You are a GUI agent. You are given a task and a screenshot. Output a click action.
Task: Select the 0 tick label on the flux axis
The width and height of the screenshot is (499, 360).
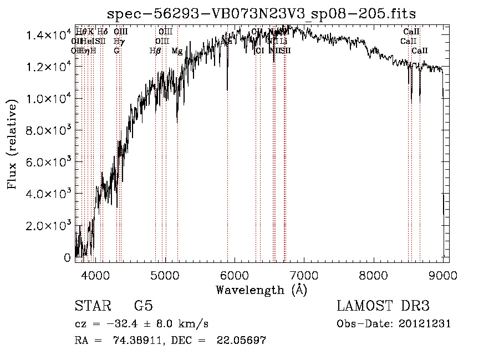click(x=68, y=258)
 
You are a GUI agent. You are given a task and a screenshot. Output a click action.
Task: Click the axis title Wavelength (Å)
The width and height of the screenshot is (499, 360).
click(x=261, y=290)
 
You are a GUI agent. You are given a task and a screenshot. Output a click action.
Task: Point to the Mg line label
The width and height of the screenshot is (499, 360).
click(x=177, y=51)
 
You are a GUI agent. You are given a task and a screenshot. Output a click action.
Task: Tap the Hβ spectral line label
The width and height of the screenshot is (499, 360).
click(x=155, y=51)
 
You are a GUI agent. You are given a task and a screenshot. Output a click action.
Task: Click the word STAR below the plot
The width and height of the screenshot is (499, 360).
click(x=92, y=306)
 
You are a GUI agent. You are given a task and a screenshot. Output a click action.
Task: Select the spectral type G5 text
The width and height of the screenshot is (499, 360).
click(x=143, y=306)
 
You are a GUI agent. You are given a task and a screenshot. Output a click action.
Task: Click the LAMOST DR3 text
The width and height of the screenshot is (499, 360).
click(x=383, y=306)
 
